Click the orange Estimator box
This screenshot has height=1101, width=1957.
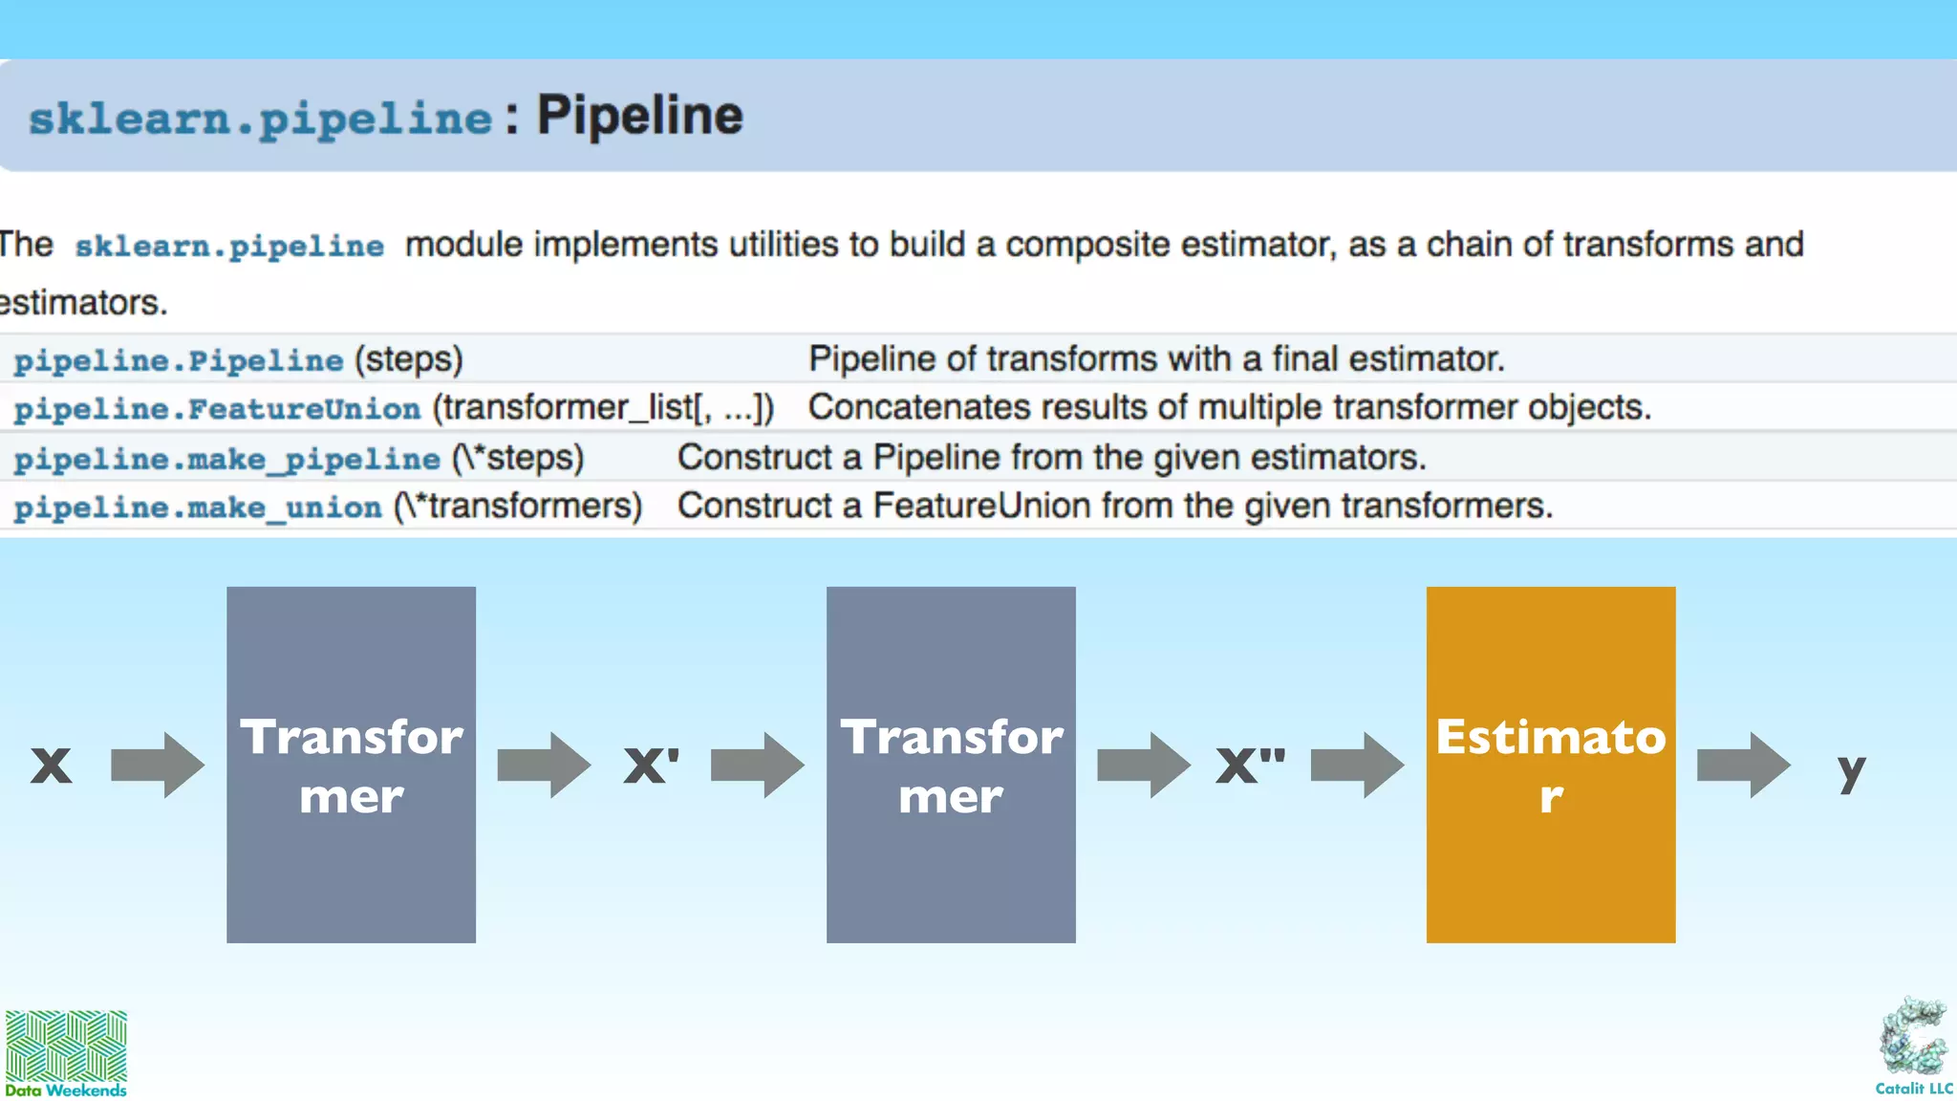pos(1550,765)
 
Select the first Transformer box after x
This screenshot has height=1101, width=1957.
pos(351,765)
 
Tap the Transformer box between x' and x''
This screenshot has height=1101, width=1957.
pos(951,765)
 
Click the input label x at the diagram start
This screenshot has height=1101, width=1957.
pos(52,766)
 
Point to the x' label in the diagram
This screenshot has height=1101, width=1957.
pos(651,766)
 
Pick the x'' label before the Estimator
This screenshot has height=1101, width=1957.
pos(1250,766)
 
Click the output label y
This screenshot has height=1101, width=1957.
pos(1851,769)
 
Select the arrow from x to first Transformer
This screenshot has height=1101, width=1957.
pos(158,765)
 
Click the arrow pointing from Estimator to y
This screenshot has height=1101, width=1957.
pos(1743,765)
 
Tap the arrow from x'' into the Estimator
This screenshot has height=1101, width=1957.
pos(1357,765)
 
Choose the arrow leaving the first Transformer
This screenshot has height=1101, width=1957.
pos(544,765)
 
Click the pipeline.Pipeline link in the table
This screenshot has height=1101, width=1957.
pos(179,360)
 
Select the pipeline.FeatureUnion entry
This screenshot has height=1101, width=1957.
pos(217,409)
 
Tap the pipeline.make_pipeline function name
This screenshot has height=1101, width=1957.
pos(226,459)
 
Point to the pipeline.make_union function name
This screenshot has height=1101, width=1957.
pos(198,507)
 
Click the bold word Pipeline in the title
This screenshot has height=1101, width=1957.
pos(639,116)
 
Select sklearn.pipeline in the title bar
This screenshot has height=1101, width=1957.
pos(260,119)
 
